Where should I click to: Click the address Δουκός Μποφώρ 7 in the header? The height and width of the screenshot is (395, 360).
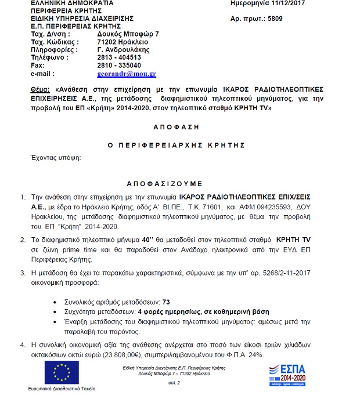point(128,34)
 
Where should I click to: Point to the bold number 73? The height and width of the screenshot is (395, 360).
point(166,303)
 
